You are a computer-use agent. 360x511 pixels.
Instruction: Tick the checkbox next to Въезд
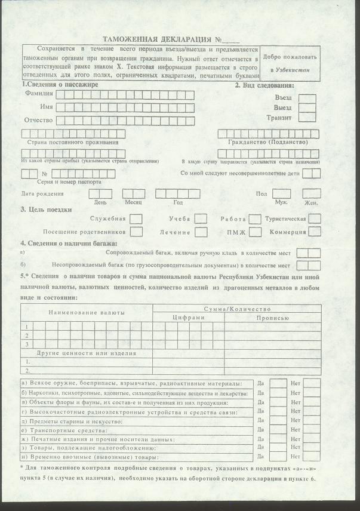(x=307, y=97)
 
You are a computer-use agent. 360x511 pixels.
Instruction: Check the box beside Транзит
(x=307, y=118)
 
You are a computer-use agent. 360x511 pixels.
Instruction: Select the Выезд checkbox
(x=307, y=107)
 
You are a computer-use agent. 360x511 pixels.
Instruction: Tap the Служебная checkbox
(x=136, y=219)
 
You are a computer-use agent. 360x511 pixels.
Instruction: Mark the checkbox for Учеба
(x=201, y=219)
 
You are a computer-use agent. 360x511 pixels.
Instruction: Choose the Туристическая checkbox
(x=315, y=218)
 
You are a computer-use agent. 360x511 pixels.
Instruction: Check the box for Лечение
(x=201, y=232)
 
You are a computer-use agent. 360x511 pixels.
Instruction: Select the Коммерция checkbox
(x=315, y=232)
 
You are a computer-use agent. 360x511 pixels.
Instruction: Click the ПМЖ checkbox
(x=255, y=232)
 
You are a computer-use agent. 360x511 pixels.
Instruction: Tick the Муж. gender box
(x=281, y=193)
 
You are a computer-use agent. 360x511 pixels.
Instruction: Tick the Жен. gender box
(x=312, y=193)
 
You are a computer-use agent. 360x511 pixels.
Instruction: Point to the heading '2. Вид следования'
(x=268, y=85)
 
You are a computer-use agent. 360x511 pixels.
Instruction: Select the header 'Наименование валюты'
(x=87, y=313)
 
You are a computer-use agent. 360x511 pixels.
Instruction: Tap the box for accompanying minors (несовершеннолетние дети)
(x=312, y=173)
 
